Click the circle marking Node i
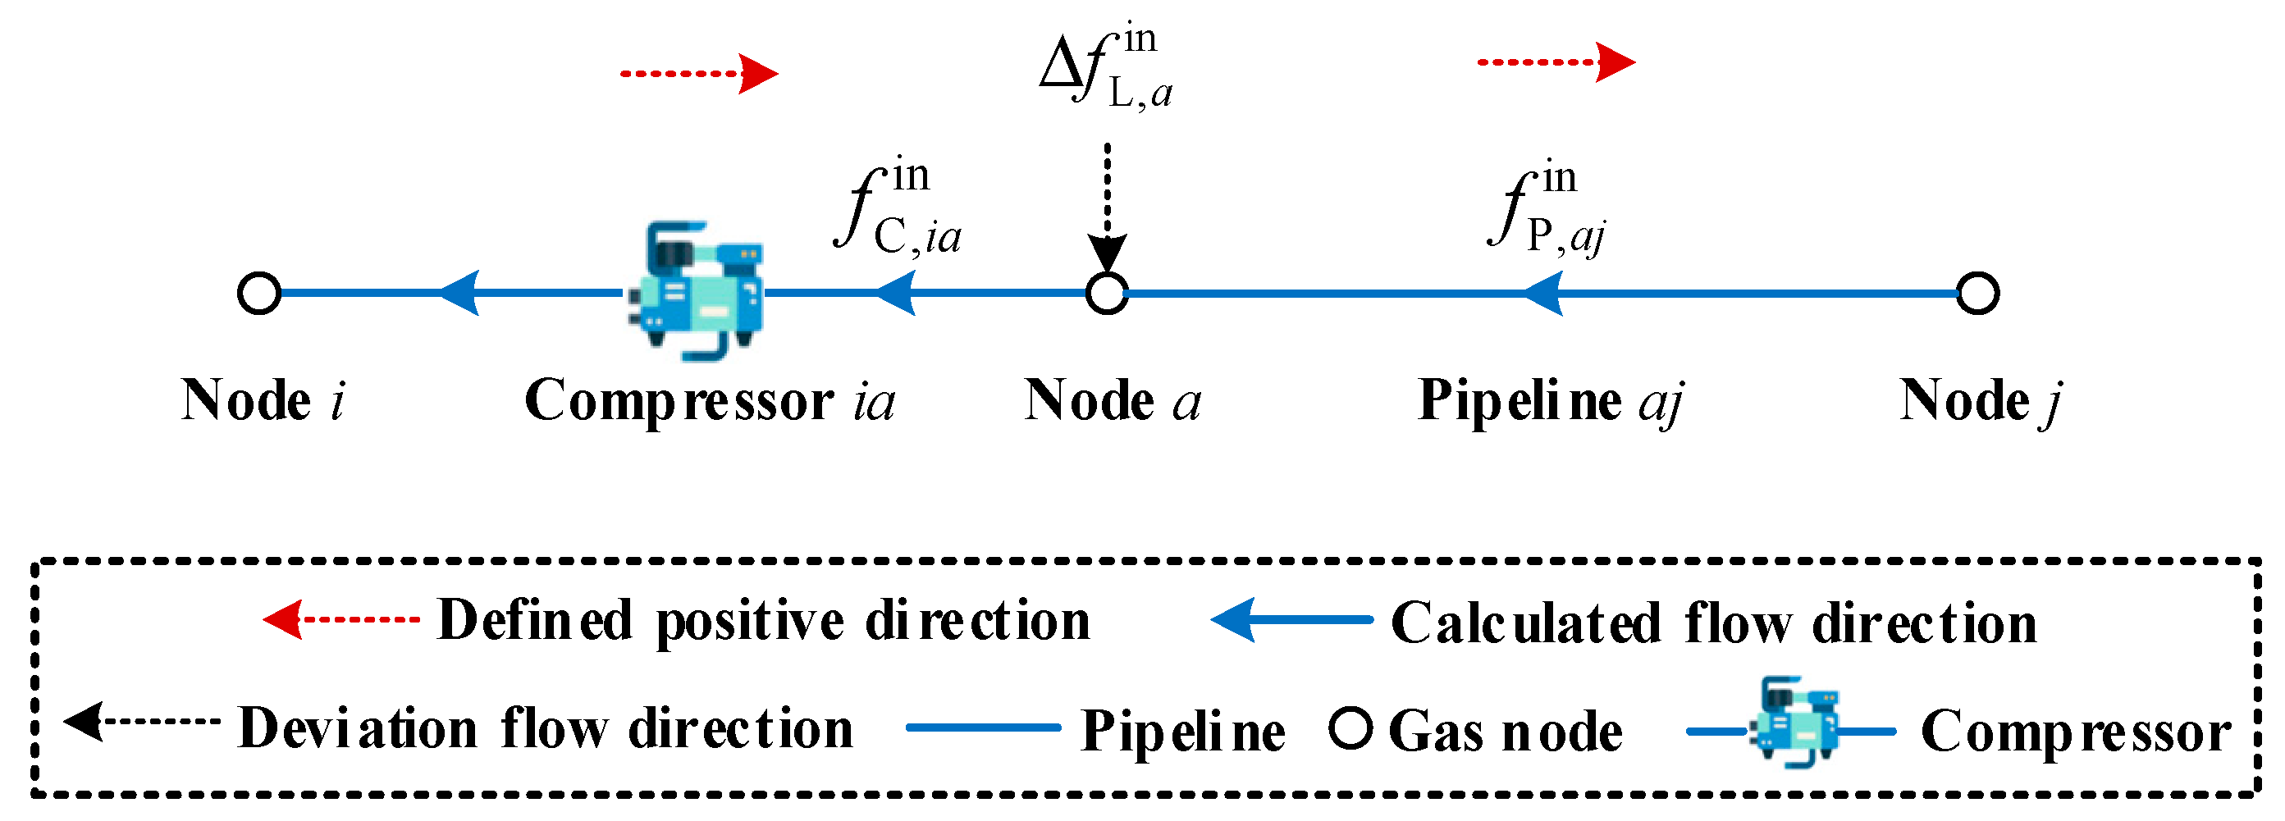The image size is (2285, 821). click(x=259, y=294)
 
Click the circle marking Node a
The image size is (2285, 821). click(x=1106, y=294)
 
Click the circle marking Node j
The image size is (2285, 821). click(x=1977, y=294)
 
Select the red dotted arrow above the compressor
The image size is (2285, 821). click(x=699, y=74)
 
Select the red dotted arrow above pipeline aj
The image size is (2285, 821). click(x=1556, y=62)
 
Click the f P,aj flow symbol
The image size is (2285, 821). click(x=1547, y=211)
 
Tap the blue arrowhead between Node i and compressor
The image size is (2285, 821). click(x=459, y=293)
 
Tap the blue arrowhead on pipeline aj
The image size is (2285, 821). click(x=1542, y=294)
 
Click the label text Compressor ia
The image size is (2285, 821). click(x=710, y=401)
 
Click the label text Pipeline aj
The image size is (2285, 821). click(x=1550, y=401)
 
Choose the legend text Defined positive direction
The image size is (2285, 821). click(x=763, y=620)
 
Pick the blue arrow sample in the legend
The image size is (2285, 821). click(x=1291, y=620)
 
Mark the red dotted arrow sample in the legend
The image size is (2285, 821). click(x=341, y=619)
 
